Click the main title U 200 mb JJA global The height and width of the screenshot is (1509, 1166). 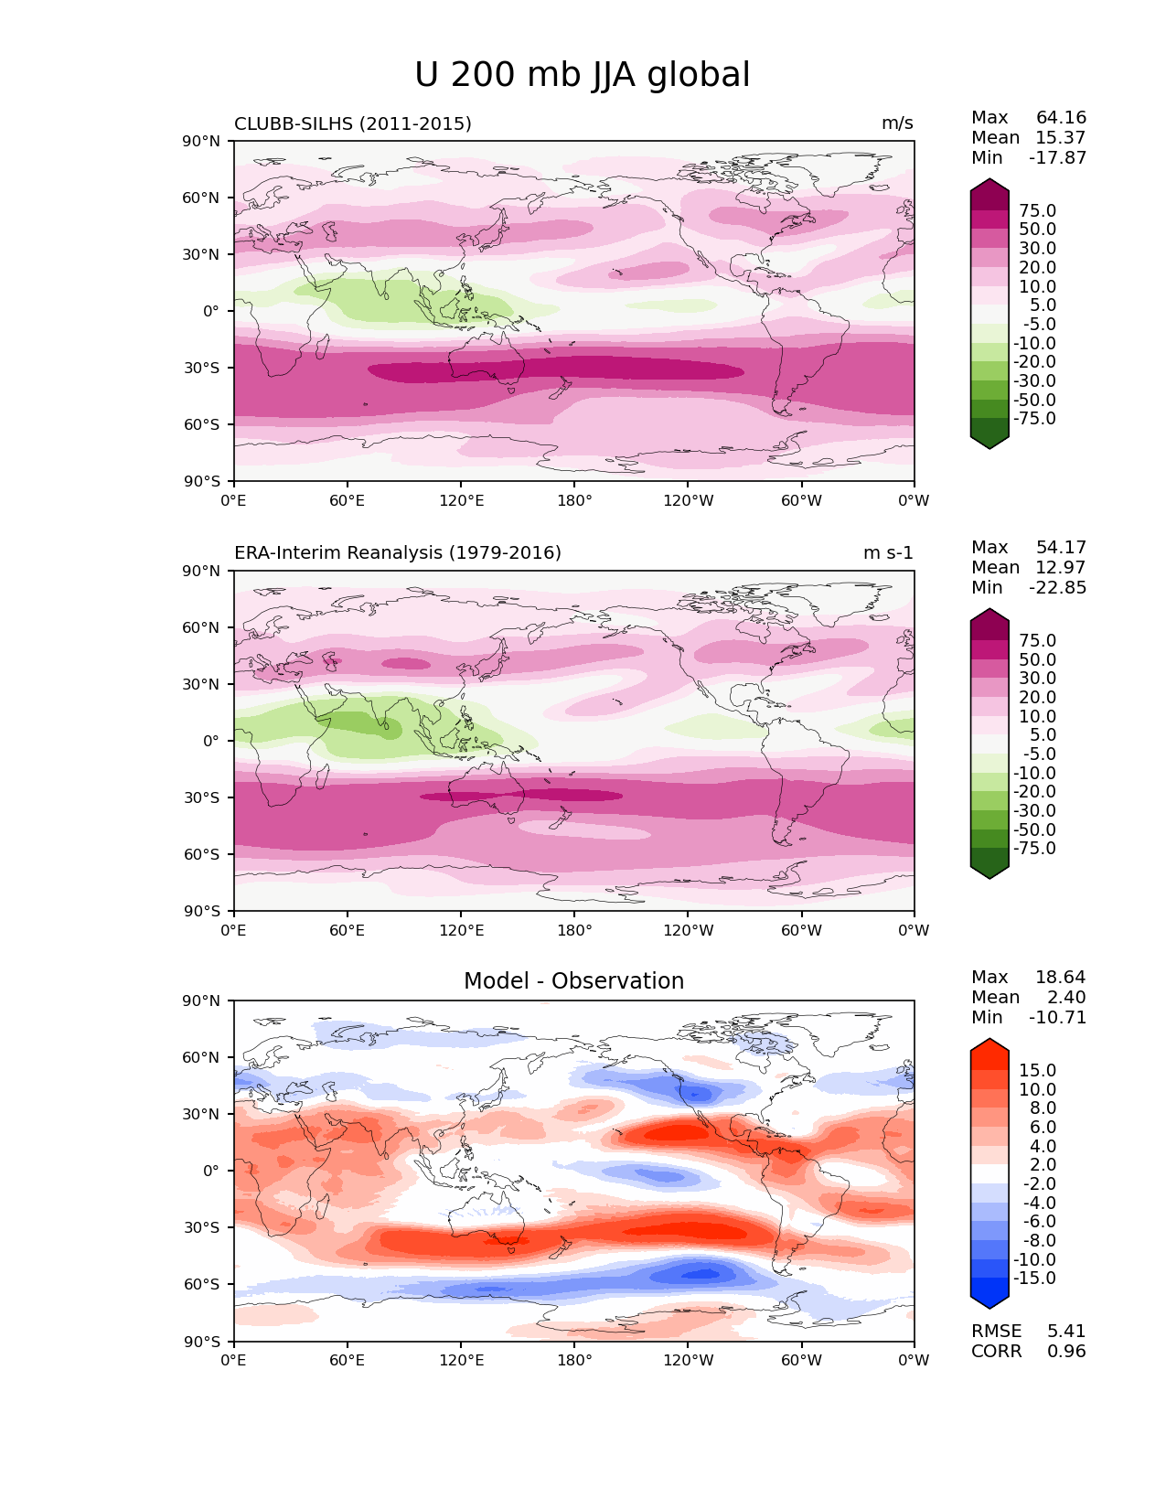pos(582,75)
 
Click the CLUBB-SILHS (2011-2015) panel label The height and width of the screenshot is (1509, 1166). pos(353,123)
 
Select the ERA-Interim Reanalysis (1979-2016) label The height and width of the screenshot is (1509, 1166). pos(398,552)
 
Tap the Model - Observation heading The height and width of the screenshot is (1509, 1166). pos(573,981)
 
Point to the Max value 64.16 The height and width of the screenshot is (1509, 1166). pos(1061,118)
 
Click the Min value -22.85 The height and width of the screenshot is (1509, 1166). pos(1057,588)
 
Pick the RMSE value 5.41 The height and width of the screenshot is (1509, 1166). pos(1066,1332)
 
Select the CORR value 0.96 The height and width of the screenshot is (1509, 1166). pos(1066,1352)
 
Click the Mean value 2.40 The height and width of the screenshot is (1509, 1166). pos(1066,998)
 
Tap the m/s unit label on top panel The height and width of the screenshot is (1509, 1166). pos(897,123)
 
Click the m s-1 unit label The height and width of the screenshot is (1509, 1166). pos(888,552)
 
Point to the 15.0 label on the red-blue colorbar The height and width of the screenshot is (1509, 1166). pos(1037,1071)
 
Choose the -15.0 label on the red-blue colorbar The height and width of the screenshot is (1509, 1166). pos(1034,1279)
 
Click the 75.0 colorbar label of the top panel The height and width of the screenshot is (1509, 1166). pos(1037,211)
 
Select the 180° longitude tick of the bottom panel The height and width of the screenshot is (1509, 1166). pos(574,1361)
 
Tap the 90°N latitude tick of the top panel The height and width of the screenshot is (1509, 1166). pos(202,141)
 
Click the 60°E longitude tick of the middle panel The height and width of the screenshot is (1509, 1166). pos(348,931)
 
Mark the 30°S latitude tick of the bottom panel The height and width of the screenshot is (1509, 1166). pos(202,1227)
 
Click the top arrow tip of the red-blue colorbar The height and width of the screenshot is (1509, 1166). pos(989,1040)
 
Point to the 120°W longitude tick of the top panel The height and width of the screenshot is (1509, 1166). pos(688,501)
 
